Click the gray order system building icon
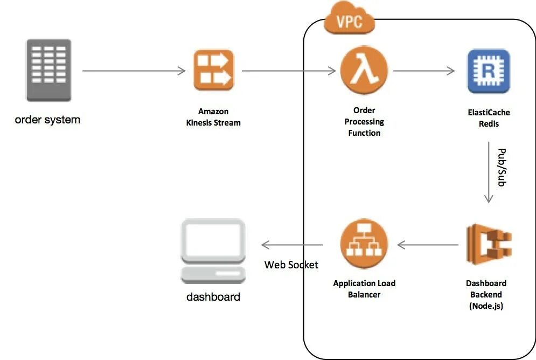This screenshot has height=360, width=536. click(x=48, y=70)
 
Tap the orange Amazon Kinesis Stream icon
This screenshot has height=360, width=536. click(x=214, y=70)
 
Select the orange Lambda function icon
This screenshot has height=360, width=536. click(x=364, y=70)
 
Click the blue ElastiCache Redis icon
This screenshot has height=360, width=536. click(x=488, y=71)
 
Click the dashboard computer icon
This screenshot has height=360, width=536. click(x=213, y=251)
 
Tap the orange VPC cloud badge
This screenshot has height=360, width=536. click(x=349, y=20)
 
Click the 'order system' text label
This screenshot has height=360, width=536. click(x=47, y=120)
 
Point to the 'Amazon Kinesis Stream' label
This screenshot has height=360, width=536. click(x=213, y=117)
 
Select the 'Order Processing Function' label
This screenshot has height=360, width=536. click(x=364, y=122)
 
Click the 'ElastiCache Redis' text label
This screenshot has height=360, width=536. click(x=488, y=118)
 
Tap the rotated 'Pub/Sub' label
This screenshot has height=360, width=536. click(x=501, y=167)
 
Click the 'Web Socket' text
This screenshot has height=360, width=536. click(x=291, y=265)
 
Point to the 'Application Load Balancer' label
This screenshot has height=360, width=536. click(x=364, y=289)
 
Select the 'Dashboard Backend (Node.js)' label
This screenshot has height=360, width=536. click(x=486, y=294)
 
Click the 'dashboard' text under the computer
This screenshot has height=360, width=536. click(x=213, y=297)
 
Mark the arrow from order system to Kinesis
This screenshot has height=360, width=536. click(x=135, y=71)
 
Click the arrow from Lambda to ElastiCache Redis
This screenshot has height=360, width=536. click(x=424, y=71)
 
